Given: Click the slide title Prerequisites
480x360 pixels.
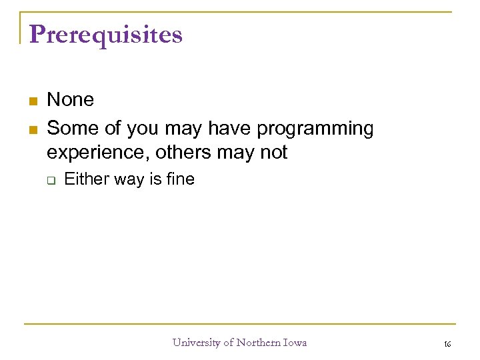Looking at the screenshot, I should pos(105,35).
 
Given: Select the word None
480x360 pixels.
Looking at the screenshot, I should pos(71,100).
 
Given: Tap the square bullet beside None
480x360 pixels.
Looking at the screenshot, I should pos(31,101).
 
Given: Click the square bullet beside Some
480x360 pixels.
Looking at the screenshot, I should pos(31,127).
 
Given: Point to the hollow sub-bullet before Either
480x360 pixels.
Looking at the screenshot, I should pos(50,180).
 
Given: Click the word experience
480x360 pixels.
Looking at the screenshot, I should pos(98,153).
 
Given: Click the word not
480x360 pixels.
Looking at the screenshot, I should pos(273,152).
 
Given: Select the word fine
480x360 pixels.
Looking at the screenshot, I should pos(179,179).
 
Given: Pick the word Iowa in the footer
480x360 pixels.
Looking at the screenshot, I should pos(295,343).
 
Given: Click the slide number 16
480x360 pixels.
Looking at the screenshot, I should pos(447,343).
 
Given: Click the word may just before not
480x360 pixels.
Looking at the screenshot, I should pos(240,153).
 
